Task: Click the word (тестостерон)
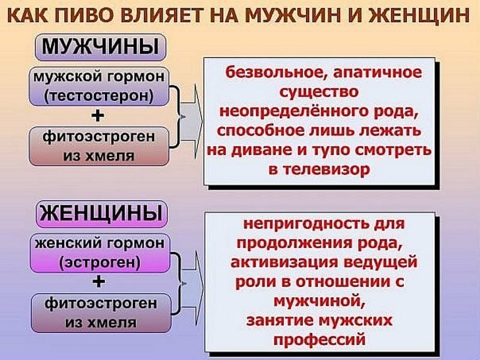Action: tap(101, 95)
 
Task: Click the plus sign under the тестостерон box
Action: tap(99, 115)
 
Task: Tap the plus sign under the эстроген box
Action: tap(99, 281)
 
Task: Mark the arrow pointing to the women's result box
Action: tap(190, 281)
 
